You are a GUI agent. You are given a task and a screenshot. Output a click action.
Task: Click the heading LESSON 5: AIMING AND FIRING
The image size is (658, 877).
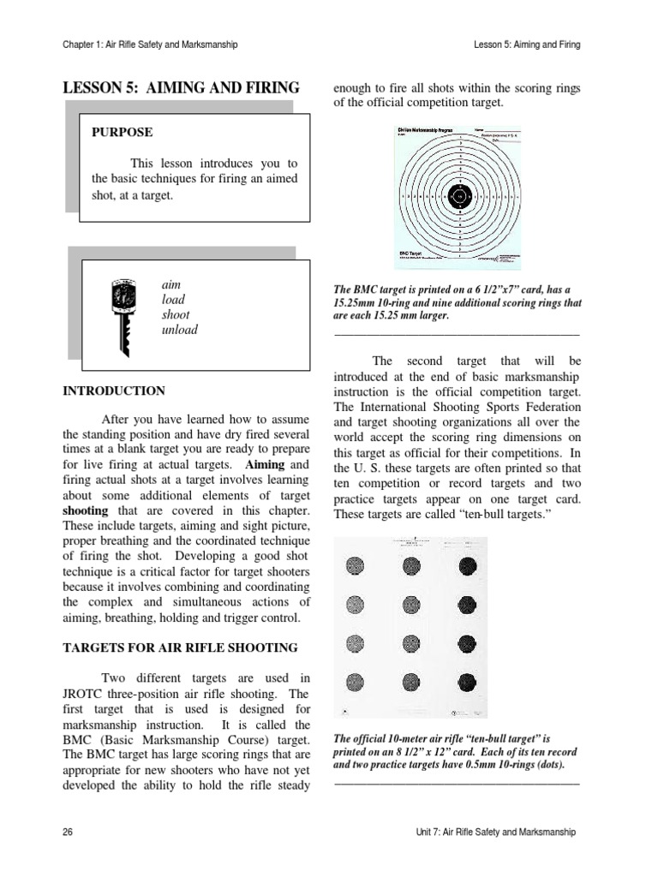pos(181,87)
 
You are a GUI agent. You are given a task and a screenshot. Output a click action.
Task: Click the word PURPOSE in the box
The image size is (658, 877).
pos(123,133)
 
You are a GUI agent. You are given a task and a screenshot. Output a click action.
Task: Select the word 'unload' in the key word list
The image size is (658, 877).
pos(179,330)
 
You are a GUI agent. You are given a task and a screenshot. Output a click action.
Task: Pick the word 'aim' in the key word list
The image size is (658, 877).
pos(170,284)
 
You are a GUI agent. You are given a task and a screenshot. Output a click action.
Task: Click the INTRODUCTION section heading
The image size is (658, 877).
pos(114,391)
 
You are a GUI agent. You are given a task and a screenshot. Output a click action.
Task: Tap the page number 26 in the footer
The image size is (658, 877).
pos(69,832)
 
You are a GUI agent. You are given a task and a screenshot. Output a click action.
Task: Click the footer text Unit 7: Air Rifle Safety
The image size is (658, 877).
pos(493,832)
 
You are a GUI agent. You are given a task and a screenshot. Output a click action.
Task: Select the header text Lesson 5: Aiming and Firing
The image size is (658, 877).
pos(526,44)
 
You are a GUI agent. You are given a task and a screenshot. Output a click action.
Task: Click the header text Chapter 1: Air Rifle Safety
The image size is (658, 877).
pos(150,44)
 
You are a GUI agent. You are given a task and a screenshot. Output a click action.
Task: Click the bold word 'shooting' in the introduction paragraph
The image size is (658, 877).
pos(85,510)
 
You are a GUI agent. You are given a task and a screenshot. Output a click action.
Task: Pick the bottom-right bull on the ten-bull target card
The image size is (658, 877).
pos(469,681)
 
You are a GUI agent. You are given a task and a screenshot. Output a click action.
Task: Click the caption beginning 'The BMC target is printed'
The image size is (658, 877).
pos(456,302)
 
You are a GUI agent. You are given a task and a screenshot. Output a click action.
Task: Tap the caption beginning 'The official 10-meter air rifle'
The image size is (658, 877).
pos(454,751)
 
